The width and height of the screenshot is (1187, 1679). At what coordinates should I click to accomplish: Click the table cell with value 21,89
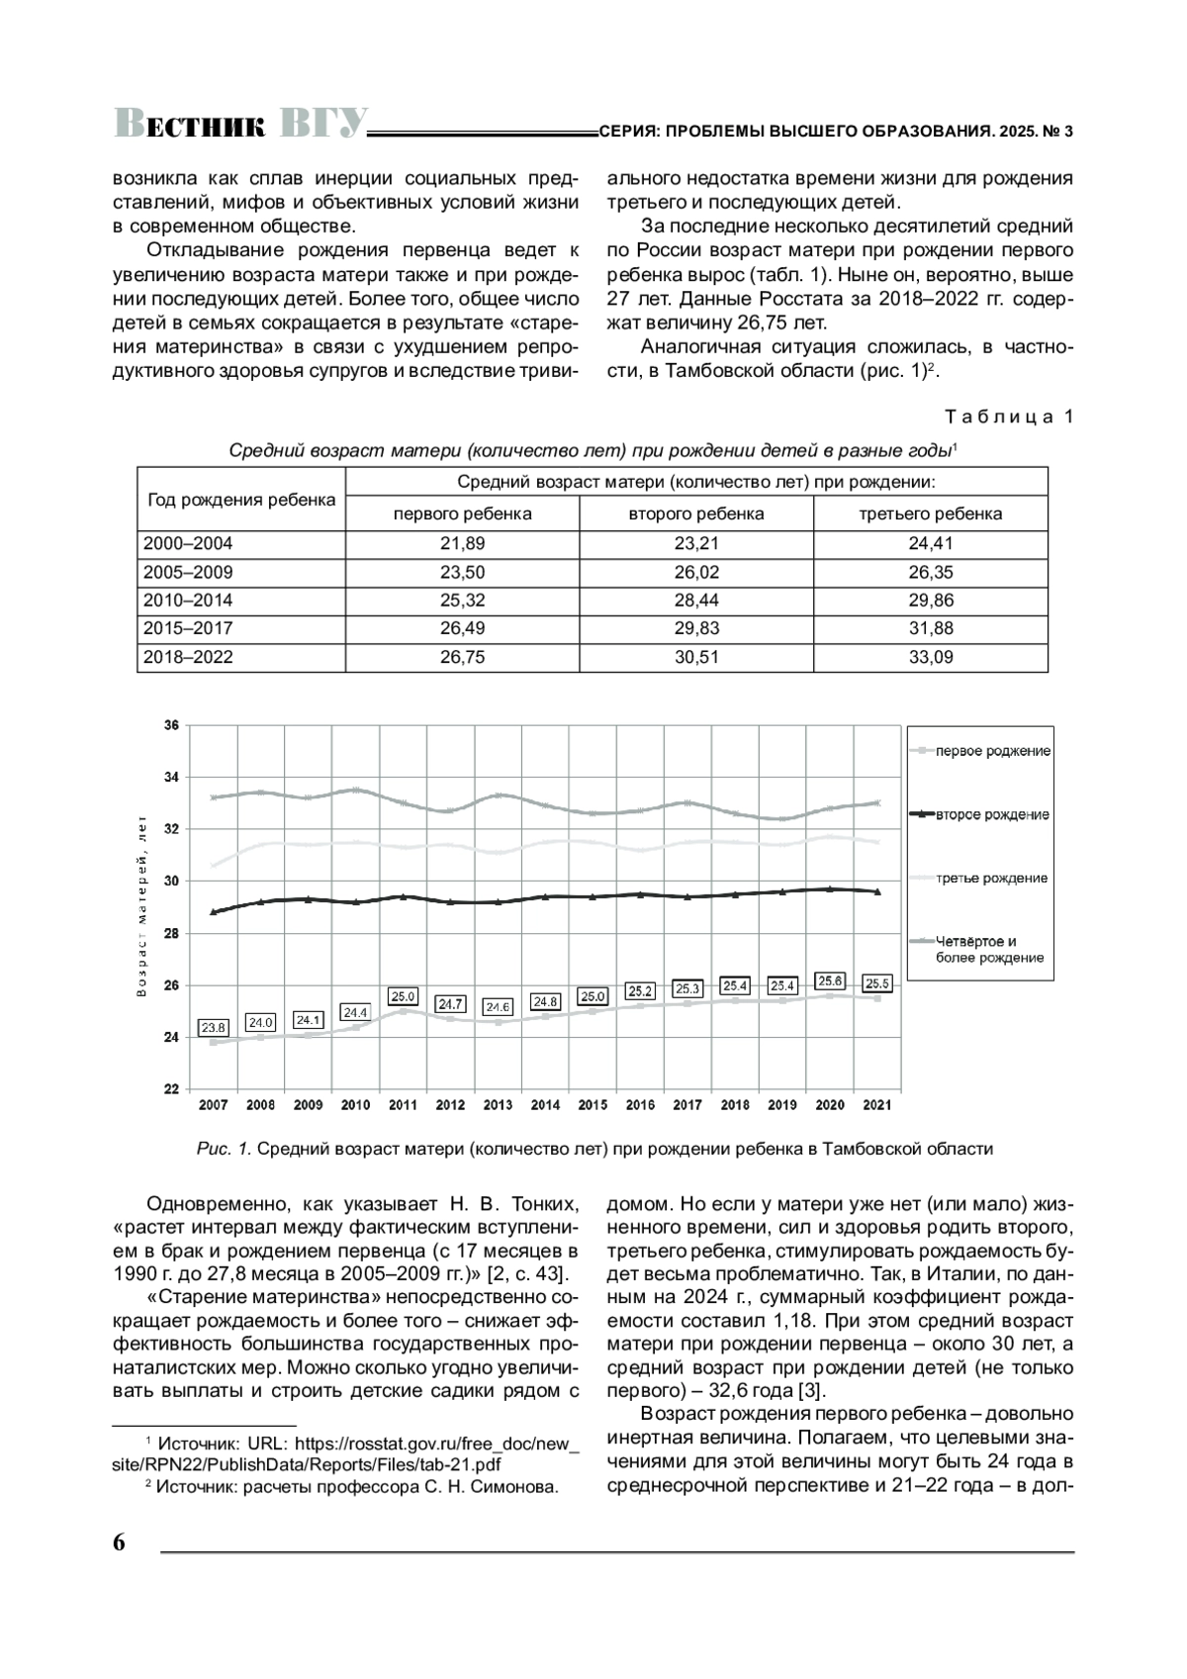462,543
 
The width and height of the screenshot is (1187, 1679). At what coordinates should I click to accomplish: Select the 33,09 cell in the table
930,657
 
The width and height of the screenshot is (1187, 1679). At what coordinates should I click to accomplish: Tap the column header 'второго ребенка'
696,513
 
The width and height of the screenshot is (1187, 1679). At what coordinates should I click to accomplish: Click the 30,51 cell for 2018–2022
696,657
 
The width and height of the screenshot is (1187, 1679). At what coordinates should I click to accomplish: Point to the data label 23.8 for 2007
214,1028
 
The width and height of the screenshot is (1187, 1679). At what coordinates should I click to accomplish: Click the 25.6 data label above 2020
830,980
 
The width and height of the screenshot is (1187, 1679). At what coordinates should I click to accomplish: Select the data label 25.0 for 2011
404,996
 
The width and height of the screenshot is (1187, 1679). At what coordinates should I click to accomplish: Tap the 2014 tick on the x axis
545,1105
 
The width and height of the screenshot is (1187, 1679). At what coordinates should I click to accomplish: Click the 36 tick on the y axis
171,725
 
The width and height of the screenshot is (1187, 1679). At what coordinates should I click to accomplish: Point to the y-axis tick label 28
171,933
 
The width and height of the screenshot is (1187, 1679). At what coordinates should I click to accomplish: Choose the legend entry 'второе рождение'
992,814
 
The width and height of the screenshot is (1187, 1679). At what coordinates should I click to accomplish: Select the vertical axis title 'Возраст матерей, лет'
141,907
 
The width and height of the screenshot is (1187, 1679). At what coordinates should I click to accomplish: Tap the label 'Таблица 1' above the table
1008,417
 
